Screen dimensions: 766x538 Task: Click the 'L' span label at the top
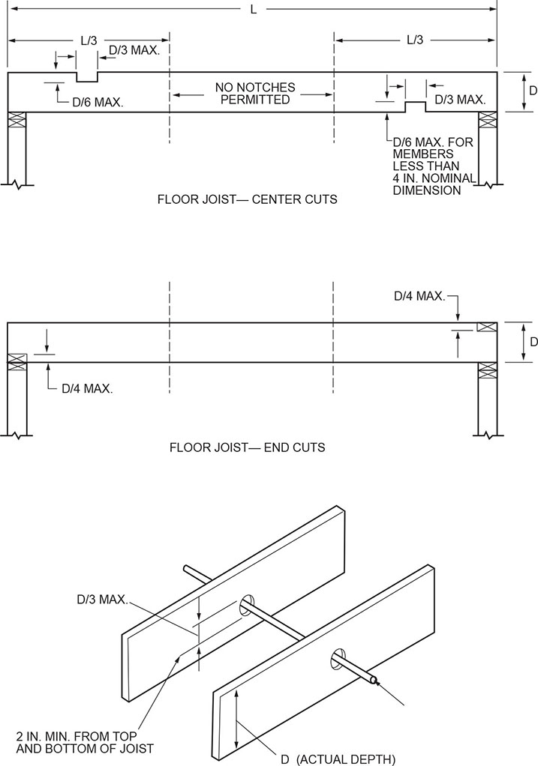(x=255, y=9)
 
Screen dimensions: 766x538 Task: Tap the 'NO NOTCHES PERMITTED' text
(x=255, y=94)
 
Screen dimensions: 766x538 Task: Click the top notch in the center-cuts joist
(x=87, y=77)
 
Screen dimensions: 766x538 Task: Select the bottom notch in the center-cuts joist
(x=416, y=106)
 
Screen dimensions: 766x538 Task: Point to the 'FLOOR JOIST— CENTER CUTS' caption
(x=247, y=200)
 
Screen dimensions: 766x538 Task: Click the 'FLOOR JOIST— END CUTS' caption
(x=247, y=448)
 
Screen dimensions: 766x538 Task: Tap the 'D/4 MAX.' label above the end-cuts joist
(x=419, y=296)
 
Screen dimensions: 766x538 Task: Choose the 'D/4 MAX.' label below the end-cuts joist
(x=87, y=389)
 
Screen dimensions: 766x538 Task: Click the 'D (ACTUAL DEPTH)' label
(x=338, y=759)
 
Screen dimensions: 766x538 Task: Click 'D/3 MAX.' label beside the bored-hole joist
(x=101, y=600)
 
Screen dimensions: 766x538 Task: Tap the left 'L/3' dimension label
(x=88, y=40)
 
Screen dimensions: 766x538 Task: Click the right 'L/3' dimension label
(x=416, y=40)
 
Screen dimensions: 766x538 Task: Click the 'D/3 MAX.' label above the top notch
(x=139, y=50)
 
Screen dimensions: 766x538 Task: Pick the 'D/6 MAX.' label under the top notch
(x=98, y=100)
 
